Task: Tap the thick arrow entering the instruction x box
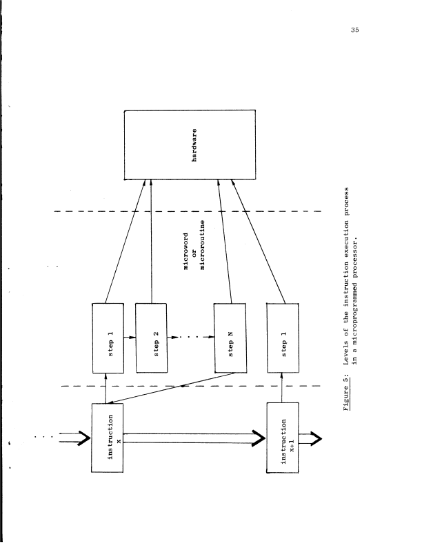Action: click(x=74, y=436)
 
